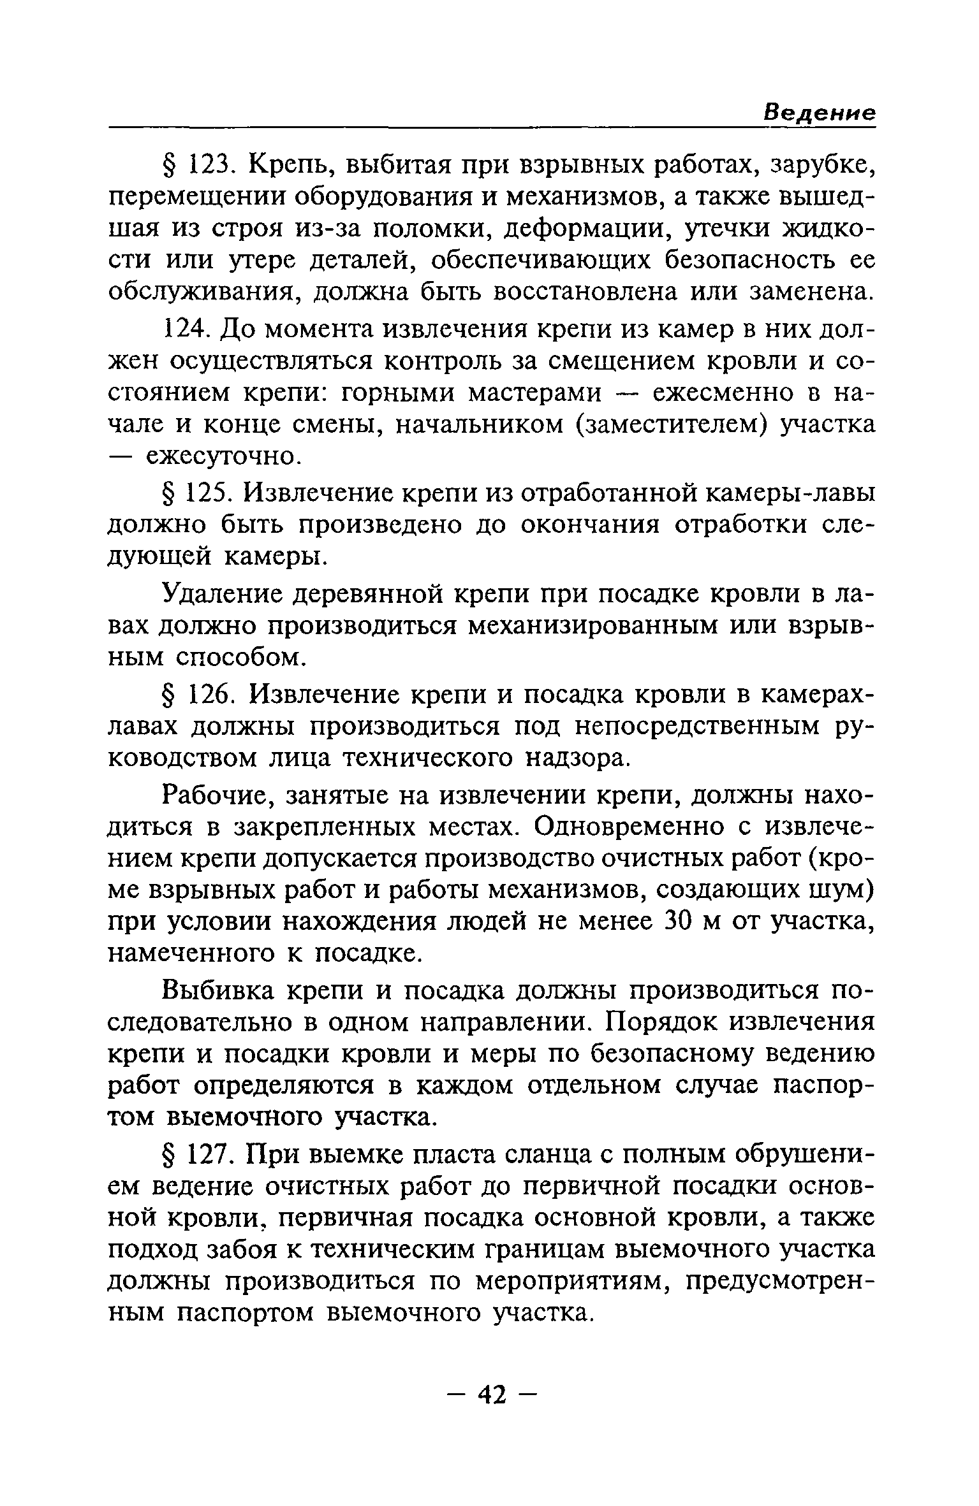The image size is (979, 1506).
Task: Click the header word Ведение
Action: [820, 113]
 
